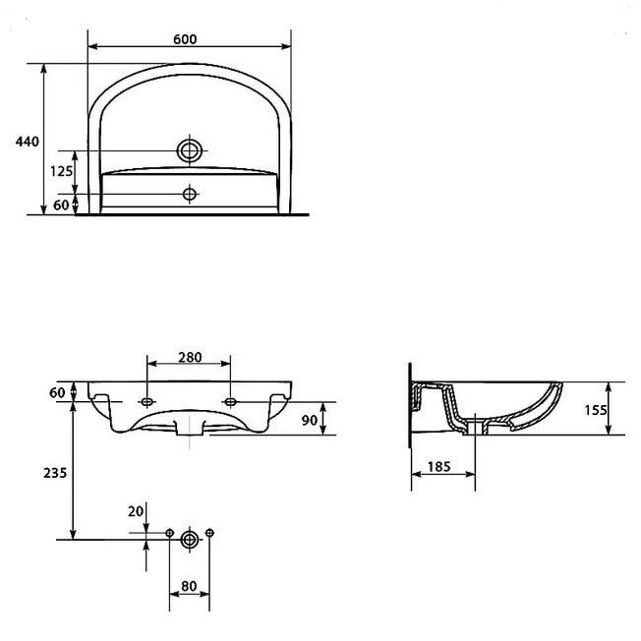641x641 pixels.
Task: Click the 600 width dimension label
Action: click(x=185, y=39)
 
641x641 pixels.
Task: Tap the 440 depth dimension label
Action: click(x=28, y=142)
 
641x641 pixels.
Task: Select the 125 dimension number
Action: click(x=61, y=171)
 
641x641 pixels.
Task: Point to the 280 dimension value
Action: click(x=190, y=357)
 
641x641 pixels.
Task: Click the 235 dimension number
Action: click(x=55, y=473)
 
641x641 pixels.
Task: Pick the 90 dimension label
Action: click(x=310, y=420)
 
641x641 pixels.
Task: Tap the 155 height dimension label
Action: click(x=595, y=410)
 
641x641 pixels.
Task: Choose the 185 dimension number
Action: click(x=439, y=466)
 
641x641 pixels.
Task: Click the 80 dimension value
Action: click(x=189, y=586)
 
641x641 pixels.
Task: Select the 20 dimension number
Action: click(x=136, y=511)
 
